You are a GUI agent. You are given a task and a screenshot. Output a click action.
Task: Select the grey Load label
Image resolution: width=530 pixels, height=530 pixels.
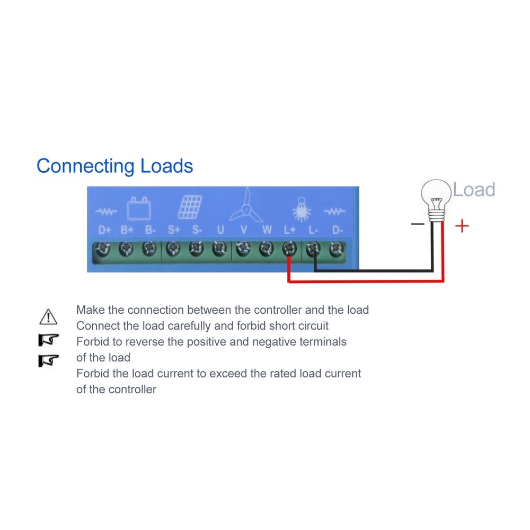[x=474, y=189]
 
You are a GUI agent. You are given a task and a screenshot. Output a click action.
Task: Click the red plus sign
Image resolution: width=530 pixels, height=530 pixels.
[x=462, y=226]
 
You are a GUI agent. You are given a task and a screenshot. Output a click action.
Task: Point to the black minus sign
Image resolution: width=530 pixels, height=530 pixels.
[x=418, y=224]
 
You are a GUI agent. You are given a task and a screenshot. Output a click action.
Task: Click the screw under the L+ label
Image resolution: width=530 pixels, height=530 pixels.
[x=289, y=248]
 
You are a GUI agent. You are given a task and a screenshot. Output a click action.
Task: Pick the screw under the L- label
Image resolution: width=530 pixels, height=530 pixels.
[x=313, y=248]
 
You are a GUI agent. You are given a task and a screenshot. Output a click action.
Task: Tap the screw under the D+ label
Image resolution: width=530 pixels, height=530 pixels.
[x=103, y=248]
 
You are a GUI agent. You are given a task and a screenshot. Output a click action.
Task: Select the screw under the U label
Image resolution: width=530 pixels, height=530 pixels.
[x=219, y=248]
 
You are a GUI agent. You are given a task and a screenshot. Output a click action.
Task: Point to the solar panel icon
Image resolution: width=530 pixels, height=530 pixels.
[x=190, y=207]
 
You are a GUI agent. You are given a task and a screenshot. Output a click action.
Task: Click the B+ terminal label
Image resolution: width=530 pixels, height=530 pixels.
[x=127, y=231]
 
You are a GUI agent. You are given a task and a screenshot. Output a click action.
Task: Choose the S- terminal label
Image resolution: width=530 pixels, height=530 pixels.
[x=197, y=231]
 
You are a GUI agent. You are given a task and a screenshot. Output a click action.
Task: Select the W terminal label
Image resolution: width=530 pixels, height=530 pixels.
[x=267, y=231]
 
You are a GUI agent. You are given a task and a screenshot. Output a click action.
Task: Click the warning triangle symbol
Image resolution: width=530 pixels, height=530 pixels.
[x=48, y=316]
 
